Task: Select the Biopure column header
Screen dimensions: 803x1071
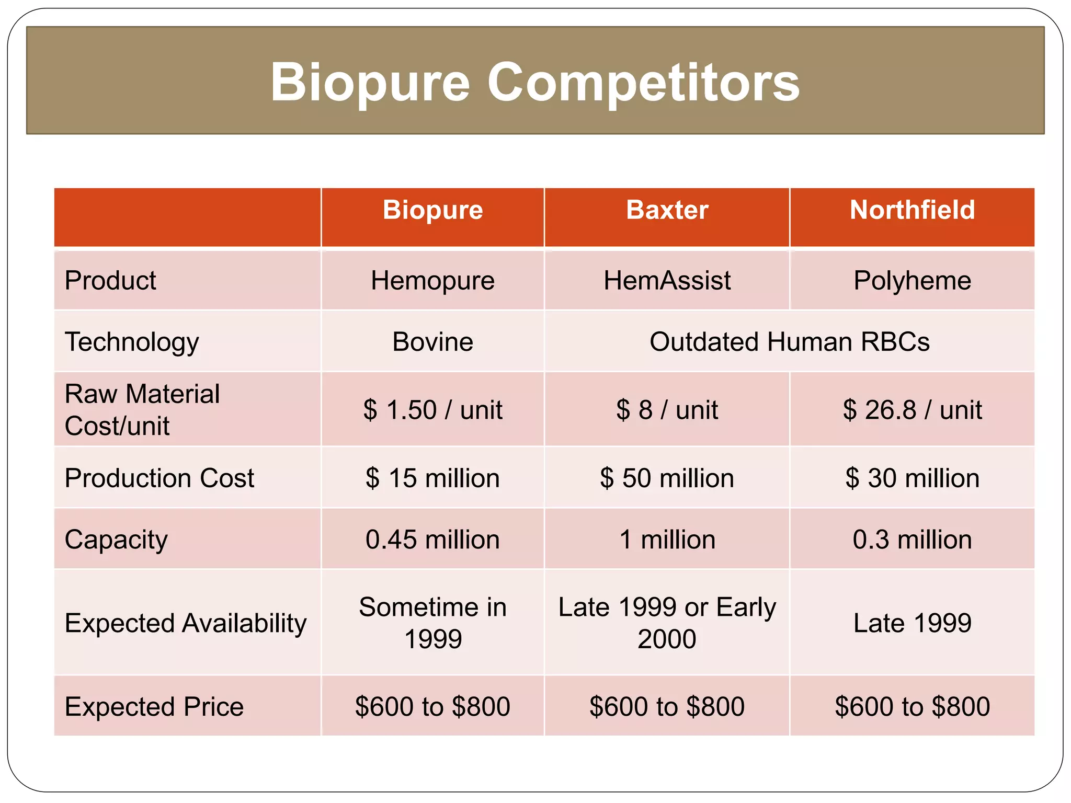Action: tap(432, 210)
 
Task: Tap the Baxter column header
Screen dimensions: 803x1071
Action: tap(667, 210)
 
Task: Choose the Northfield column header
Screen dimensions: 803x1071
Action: tap(912, 210)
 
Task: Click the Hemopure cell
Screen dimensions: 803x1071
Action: tap(432, 281)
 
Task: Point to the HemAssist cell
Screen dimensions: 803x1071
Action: tap(667, 281)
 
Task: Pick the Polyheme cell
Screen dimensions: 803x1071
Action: tap(912, 281)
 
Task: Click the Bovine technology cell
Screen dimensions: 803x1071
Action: tap(432, 342)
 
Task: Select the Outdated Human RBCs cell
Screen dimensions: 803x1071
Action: tap(789, 342)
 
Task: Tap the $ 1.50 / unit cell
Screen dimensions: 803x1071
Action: tap(432, 410)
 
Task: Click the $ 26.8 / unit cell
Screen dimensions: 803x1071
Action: tap(912, 410)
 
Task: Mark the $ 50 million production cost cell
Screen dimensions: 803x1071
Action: tap(667, 478)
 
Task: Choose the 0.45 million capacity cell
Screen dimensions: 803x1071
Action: tap(432, 540)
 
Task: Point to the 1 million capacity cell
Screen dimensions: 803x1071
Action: tap(667, 540)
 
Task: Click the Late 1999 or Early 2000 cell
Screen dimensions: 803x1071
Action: tap(667, 623)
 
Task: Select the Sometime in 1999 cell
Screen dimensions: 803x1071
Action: tap(432, 623)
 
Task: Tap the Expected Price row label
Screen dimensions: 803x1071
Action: tap(154, 707)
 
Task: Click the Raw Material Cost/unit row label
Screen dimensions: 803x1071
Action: tap(142, 410)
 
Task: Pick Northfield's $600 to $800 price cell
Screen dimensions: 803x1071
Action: tap(912, 707)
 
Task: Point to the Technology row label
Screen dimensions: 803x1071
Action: tap(132, 342)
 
